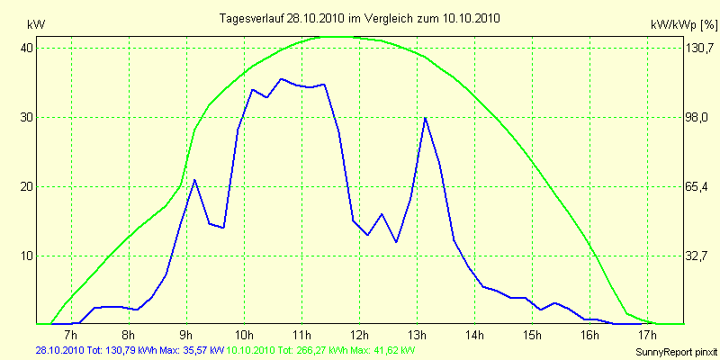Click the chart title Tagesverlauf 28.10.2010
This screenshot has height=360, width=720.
360,18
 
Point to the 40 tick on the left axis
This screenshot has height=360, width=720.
28,48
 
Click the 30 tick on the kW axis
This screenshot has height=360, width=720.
28,117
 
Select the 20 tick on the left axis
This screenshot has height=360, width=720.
28,186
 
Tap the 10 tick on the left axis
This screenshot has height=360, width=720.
28,256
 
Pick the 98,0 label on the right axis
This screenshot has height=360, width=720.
697,117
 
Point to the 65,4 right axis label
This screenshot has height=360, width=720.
697,186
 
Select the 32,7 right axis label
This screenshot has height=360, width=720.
697,256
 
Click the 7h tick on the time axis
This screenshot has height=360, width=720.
71,336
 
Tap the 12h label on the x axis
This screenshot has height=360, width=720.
359,336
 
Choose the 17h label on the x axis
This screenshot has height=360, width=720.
647,336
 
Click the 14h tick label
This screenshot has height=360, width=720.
474,336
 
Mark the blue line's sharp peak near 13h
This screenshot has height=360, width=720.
425,118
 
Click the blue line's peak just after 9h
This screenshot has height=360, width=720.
194,180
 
